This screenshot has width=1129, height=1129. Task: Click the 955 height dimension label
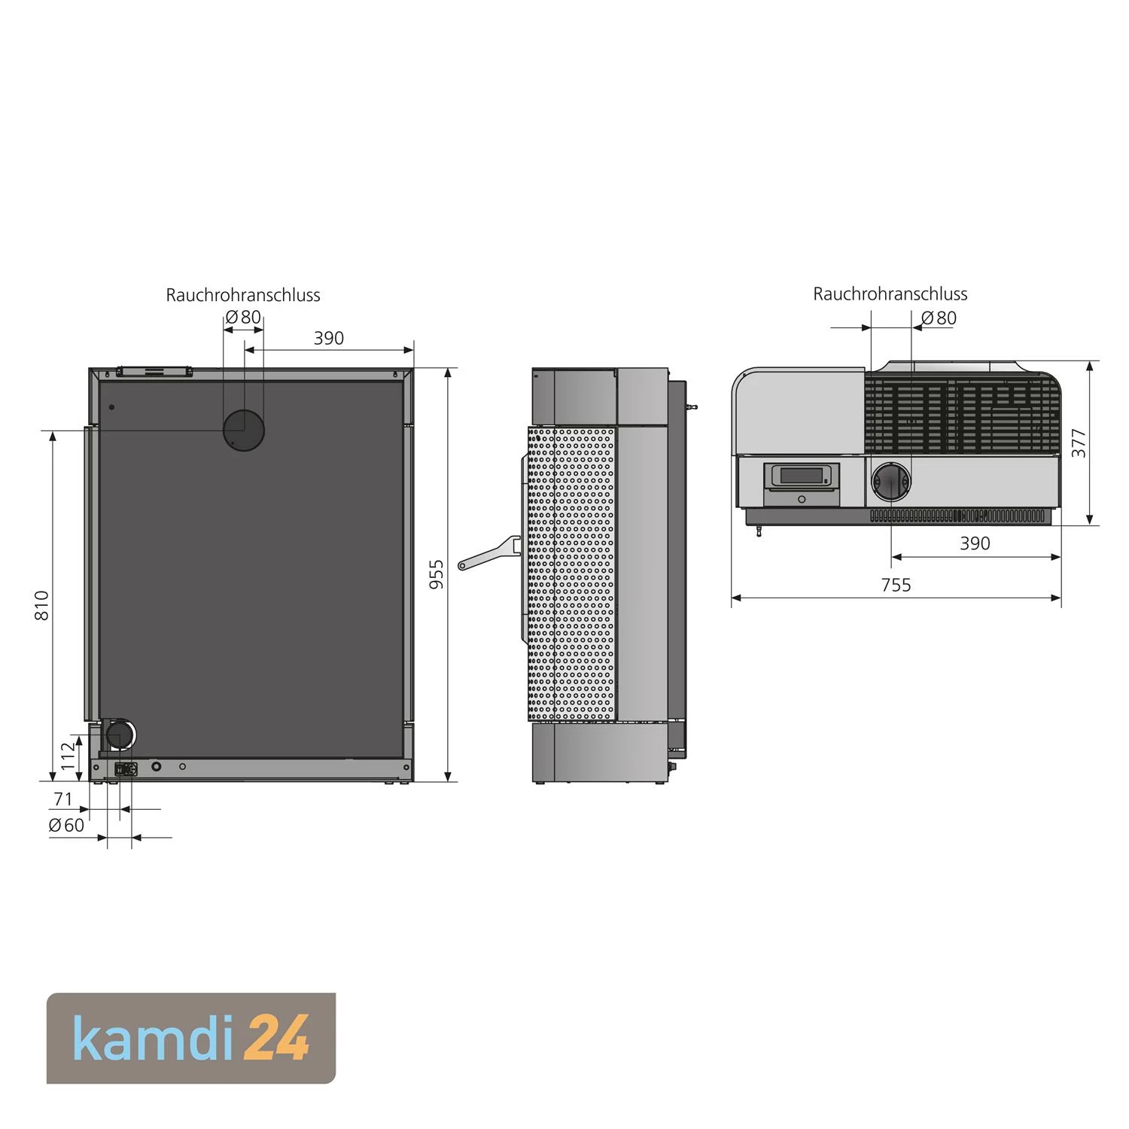pos(437,574)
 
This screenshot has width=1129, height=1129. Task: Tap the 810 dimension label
pos(42,606)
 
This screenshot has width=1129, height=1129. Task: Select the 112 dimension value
pos(68,756)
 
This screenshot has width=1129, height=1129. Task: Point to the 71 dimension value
pos(63,799)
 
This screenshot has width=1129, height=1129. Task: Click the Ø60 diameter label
pos(67,826)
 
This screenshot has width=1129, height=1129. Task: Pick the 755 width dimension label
pos(896,585)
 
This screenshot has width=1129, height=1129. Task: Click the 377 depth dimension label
pos(1079,443)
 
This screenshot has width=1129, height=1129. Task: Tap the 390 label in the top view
pos(975,543)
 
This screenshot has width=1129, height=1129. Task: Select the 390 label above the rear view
pos(329,338)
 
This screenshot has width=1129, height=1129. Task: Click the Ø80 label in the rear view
pos(243,317)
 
